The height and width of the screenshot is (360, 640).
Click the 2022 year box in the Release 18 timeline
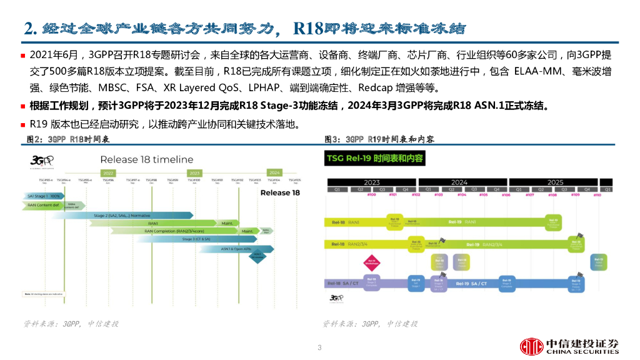[108, 173]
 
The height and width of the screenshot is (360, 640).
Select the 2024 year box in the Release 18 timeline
[274, 172]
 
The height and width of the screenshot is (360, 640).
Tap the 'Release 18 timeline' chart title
[147, 159]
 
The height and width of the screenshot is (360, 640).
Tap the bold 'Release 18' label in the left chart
[280, 192]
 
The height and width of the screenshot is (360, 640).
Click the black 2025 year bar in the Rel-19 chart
[555, 182]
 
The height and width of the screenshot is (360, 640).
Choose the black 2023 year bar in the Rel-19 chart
[372, 182]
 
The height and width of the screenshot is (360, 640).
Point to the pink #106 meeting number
[506, 195]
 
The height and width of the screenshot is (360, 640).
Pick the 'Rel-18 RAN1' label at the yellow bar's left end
[345, 222]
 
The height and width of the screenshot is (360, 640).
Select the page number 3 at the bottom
[319, 347]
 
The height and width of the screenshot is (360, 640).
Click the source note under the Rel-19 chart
[370, 324]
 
